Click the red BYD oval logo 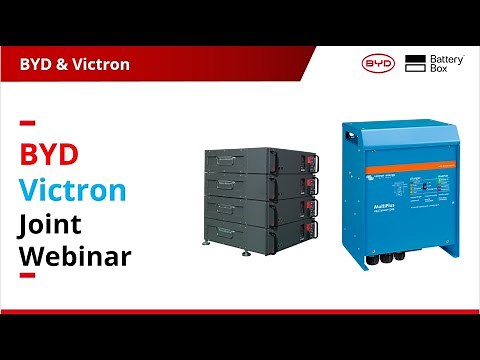(379, 64)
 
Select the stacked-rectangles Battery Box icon (416, 64)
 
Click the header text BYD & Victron (74, 65)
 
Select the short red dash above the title (28, 124)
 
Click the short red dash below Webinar (28, 274)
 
